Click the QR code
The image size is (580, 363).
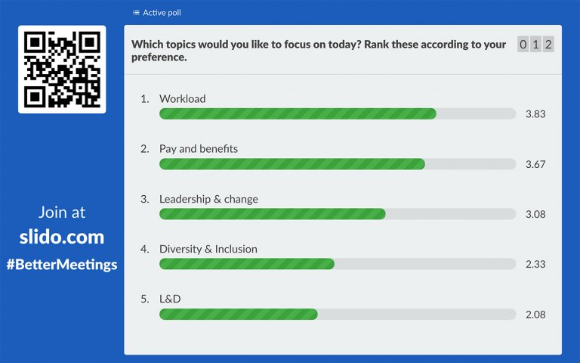(62, 70)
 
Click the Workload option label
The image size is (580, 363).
(182, 99)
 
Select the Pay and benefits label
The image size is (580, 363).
(198, 149)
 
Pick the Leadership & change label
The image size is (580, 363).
(208, 199)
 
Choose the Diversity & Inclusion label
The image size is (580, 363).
(208, 249)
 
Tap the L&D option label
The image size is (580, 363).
(170, 299)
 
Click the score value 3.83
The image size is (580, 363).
(535, 114)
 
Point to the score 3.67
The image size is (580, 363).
(535, 164)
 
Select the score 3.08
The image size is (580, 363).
(535, 214)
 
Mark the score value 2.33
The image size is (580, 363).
(535, 264)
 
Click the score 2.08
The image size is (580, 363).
(535, 314)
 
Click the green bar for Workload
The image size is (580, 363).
(298, 113)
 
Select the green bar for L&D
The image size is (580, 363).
(238, 314)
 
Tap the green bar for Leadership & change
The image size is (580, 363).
(272, 214)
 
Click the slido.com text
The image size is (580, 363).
(62, 237)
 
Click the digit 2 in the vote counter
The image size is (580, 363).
(548, 45)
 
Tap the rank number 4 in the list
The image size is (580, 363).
(144, 249)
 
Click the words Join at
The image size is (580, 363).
(62, 213)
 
